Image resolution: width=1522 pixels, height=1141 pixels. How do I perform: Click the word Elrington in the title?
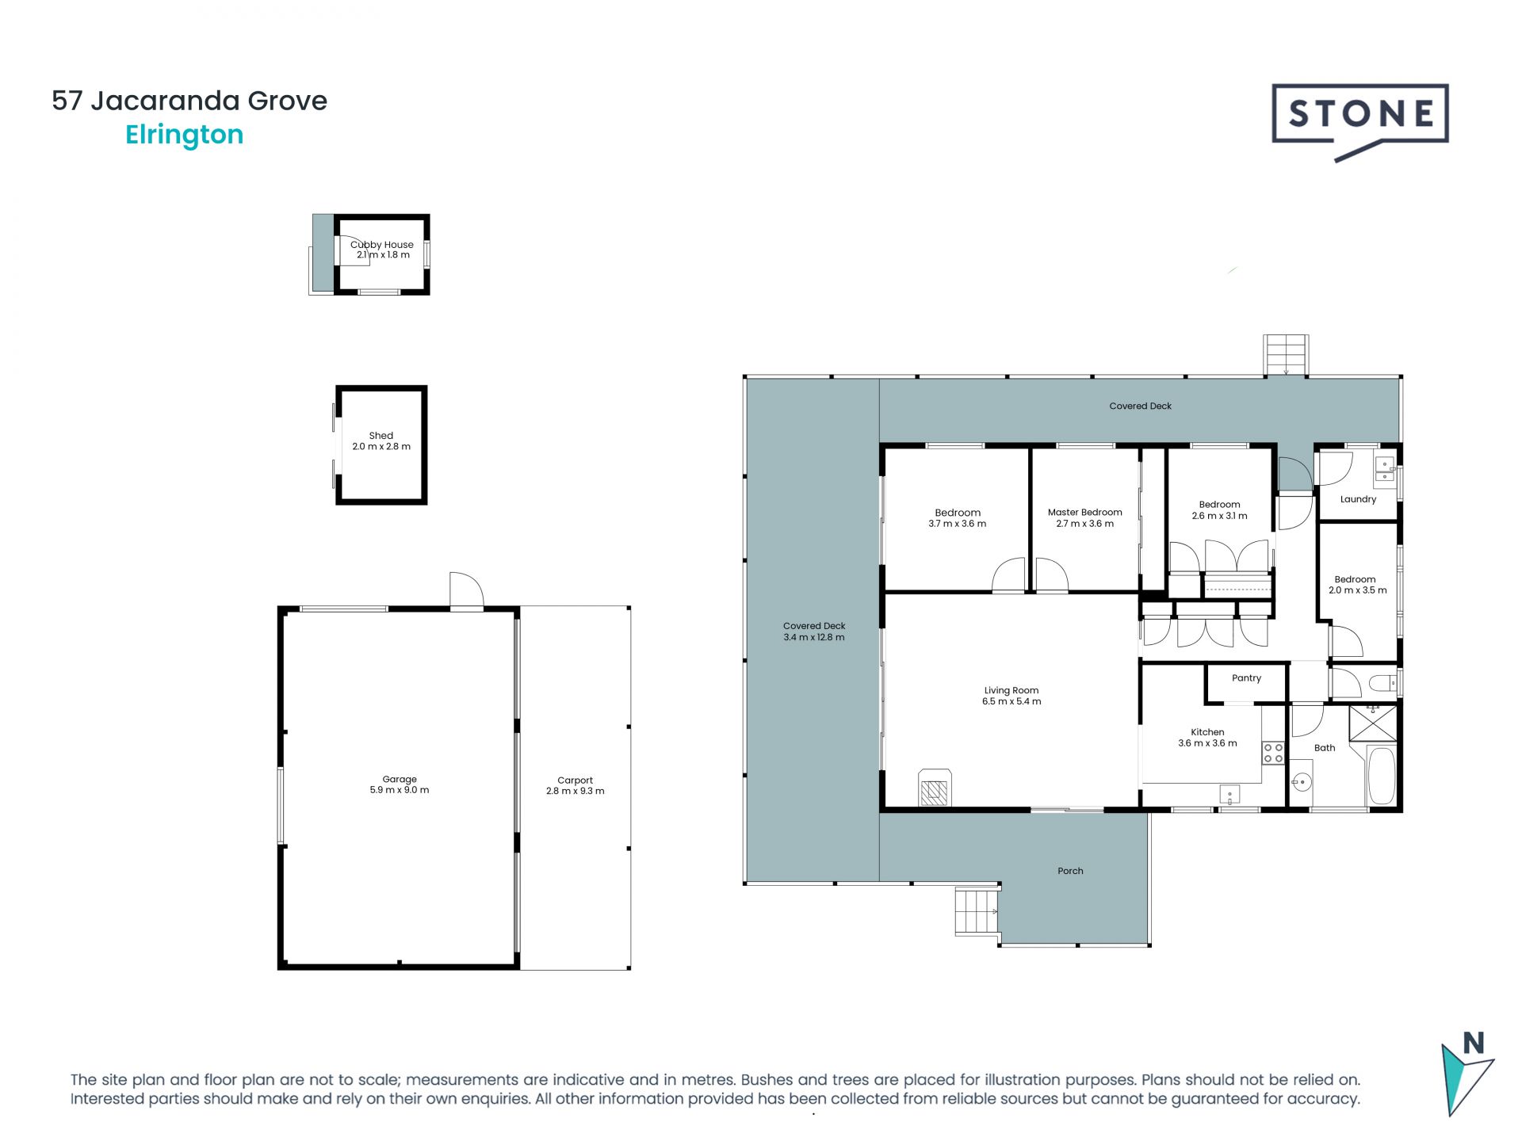coord(184,135)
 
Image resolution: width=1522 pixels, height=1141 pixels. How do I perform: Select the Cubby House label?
coord(382,245)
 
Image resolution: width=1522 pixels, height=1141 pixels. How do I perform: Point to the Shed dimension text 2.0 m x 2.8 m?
coord(381,447)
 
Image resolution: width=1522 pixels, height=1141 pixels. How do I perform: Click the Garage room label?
coord(400,779)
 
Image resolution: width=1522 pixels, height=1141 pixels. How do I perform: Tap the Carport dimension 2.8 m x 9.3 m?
coord(576,791)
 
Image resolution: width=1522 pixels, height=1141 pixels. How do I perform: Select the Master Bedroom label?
coord(1085,512)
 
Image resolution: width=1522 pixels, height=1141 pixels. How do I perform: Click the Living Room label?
coord(1011,690)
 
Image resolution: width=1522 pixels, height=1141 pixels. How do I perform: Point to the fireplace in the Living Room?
coord(935,788)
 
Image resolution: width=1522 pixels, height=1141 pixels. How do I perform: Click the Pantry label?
coord(1247,678)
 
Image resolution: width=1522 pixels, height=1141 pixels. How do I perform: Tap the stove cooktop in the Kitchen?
coord(1273,753)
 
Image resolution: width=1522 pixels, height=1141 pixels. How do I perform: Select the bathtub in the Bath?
coord(1382,776)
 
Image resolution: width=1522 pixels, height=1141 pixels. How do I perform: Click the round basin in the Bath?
coord(1301,782)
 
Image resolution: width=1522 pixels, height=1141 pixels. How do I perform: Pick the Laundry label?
coord(1358,499)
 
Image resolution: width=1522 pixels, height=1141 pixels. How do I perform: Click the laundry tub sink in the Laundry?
coord(1385,469)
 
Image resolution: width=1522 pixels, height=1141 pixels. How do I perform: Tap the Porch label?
coord(1070,871)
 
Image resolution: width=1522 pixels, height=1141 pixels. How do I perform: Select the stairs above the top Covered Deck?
coord(1286,355)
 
